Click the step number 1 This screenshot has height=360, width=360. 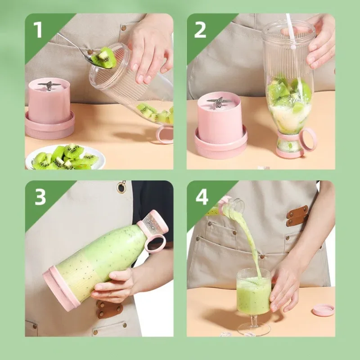tap(38, 30)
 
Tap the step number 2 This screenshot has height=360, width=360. tap(200, 30)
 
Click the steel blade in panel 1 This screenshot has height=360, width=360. tap(49, 85)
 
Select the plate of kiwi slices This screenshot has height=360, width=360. tap(65, 157)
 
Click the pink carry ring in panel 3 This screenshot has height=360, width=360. tap(155, 243)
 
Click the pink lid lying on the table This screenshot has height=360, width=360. tap(323, 310)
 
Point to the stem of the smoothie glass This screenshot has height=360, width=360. tap(254, 320)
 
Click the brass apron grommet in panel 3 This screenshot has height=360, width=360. tap(121, 187)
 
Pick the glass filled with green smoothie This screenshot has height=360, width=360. tap(254, 292)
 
